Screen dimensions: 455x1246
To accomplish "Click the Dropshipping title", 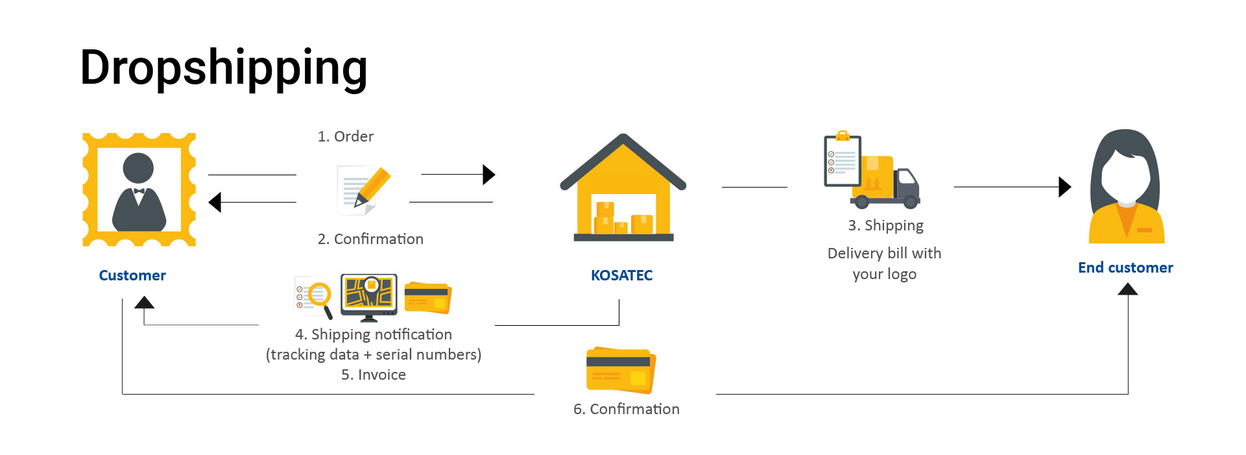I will [223, 68].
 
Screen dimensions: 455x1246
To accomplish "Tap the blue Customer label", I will [132, 275].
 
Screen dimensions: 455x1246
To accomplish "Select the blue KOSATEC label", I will [621, 275].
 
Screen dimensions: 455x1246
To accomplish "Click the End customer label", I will [1125, 267].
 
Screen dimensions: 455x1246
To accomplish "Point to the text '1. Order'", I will [345, 136].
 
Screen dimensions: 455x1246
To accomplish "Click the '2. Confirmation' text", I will [370, 239].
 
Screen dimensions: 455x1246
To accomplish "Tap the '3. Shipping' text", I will [885, 225].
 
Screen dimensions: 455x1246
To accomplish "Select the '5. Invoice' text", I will [374, 375].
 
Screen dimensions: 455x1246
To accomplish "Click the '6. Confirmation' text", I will [626, 409].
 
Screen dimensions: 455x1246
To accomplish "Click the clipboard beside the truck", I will [842, 160].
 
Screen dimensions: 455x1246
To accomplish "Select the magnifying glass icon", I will [319, 296].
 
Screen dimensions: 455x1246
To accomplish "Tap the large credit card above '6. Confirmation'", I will [621, 371].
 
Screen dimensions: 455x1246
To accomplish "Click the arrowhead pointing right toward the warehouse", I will [488, 174].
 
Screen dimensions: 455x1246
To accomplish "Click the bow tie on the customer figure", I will [139, 191].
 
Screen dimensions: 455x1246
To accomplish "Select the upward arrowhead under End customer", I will [1128, 289].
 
